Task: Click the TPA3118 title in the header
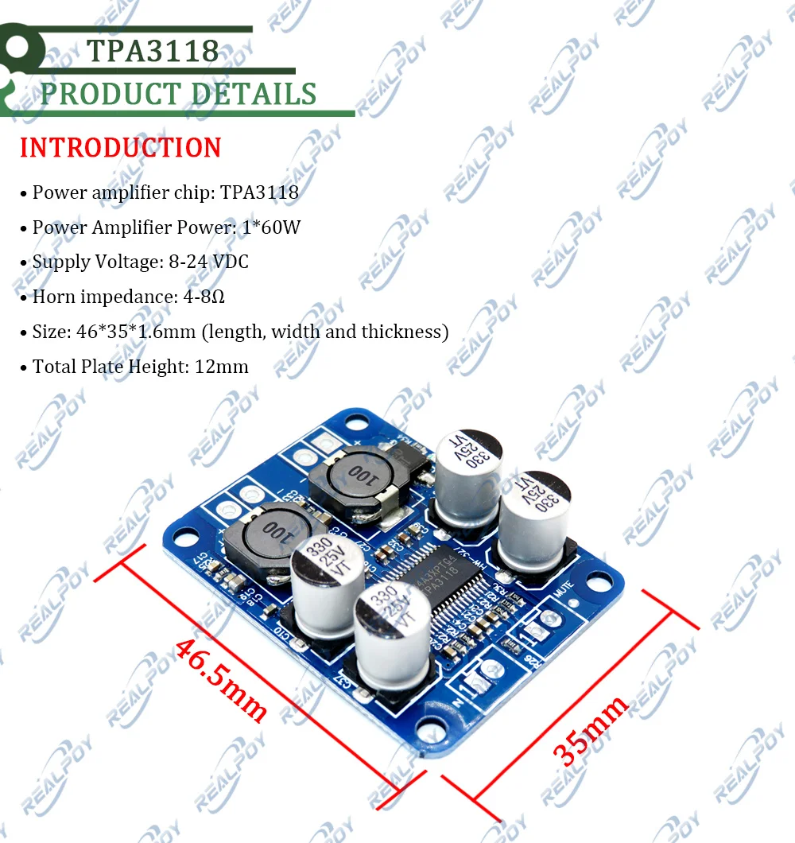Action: (153, 50)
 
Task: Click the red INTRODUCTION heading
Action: (121, 148)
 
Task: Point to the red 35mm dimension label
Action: (590, 730)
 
